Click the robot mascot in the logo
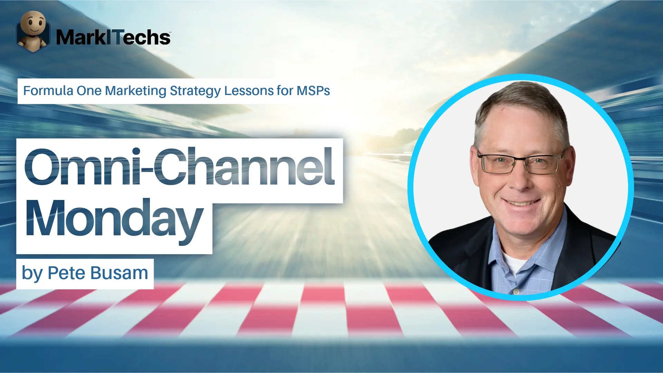coord(33,31)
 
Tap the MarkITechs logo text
coord(113,37)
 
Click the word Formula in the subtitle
coord(48,91)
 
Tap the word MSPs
coord(313,91)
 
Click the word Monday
coord(114,219)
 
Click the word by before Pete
coord(32,274)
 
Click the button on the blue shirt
coord(516,292)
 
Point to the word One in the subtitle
coord(89,91)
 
